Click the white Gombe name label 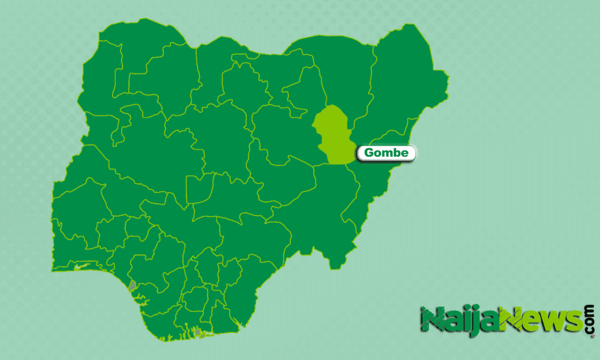[386, 153]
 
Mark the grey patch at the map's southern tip [197, 332]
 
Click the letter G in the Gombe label [369, 153]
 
